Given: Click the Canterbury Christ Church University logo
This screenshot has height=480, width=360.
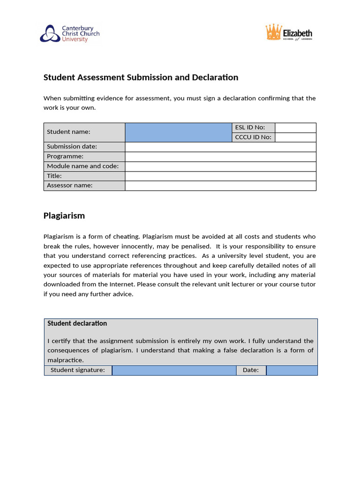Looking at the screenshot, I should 69,34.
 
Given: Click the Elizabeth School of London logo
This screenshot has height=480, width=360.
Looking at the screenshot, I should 289,33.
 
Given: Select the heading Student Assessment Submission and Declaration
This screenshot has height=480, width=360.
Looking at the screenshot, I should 141,77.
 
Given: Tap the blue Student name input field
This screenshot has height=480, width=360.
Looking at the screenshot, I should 179,132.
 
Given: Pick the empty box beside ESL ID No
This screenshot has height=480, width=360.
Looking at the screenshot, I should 295,127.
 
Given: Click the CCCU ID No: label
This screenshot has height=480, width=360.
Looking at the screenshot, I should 253,137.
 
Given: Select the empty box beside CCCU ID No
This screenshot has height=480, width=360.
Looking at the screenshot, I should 295,137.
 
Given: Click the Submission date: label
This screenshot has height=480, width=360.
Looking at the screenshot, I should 72,147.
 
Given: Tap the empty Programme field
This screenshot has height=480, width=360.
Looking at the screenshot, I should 220,157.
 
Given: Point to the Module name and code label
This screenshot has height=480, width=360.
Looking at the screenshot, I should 82,166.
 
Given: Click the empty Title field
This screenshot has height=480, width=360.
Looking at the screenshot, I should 220,176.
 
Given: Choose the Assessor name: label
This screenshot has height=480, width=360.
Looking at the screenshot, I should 70,186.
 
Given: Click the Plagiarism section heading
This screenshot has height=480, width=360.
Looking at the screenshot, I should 64,216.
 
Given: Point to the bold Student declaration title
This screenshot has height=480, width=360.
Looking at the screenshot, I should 77,323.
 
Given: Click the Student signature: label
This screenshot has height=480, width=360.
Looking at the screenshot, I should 78,370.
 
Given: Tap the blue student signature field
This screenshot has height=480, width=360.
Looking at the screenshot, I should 174,370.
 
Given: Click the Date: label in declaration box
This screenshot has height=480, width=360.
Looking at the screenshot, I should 251,370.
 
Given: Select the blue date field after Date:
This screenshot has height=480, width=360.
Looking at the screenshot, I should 292,370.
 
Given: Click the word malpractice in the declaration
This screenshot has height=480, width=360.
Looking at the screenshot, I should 65,360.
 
